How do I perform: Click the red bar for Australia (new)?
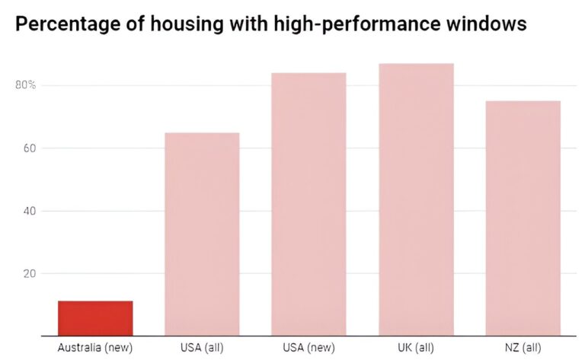[95, 318]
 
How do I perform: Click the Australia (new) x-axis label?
[95, 348]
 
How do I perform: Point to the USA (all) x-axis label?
[202, 348]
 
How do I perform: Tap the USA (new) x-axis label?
[308, 348]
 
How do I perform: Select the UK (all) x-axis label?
[416, 348]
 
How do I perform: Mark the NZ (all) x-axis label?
[523, 348]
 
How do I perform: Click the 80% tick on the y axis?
[26, 84]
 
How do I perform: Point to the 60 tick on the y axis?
[30, 148]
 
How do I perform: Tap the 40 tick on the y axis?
[30, 211]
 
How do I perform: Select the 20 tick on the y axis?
[30, 273]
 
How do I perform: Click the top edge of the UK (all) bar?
[416, 64]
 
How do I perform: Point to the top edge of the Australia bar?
[95, 301]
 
